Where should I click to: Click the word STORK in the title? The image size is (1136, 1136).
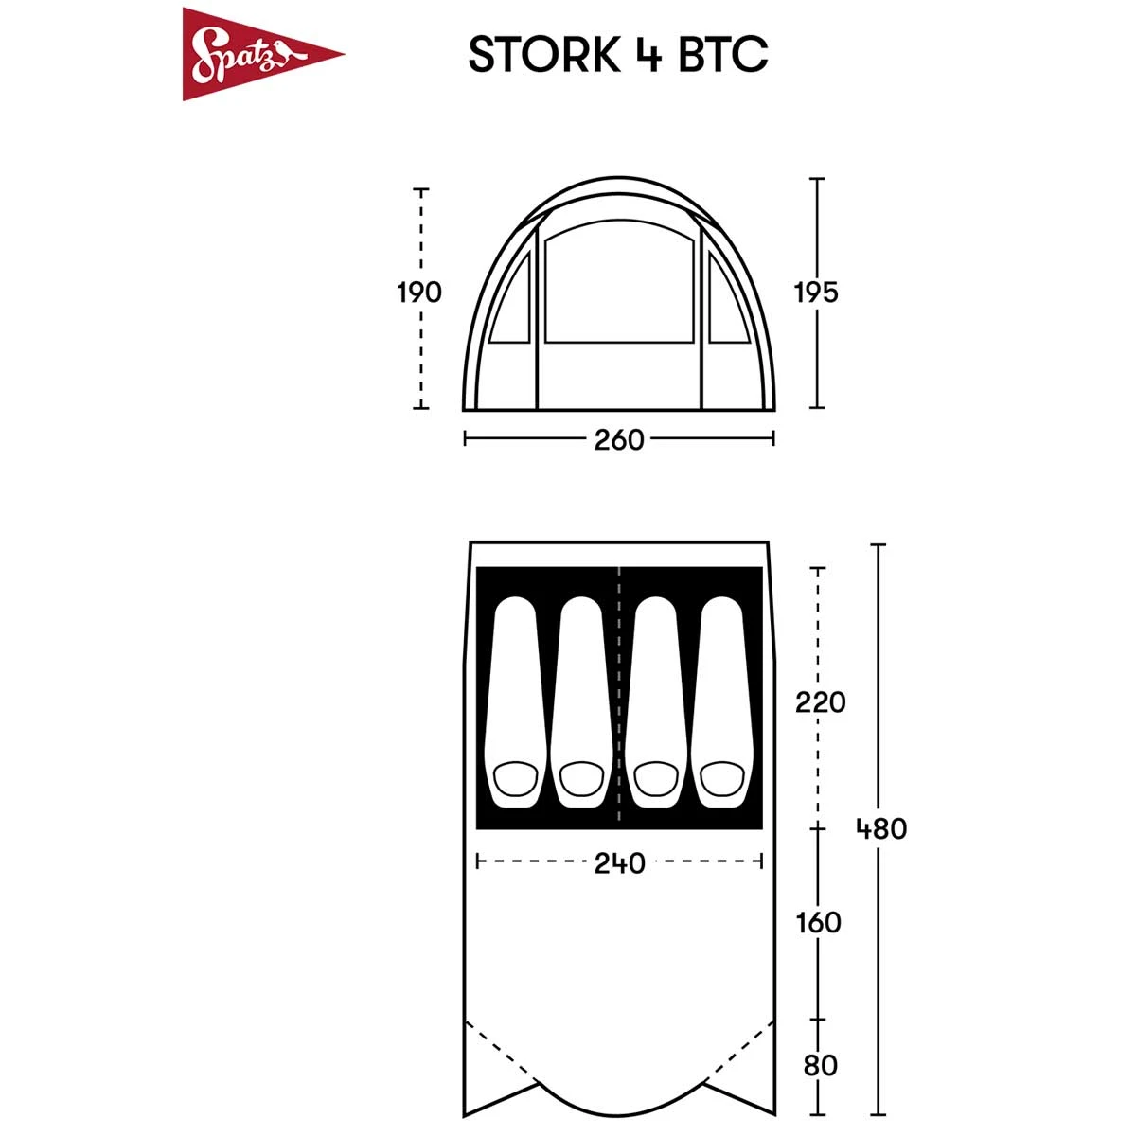pyautogui.click(x=544, y=54)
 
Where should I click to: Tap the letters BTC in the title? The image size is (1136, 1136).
pyautogui.click(x=723, y=54)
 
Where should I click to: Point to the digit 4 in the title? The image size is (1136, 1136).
pyautogui.click(x=649, y=55)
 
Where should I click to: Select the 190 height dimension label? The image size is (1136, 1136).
pyautogui.click(x=419, y=293)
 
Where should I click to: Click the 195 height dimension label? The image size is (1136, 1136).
pyautogui.click(x=816, y=293)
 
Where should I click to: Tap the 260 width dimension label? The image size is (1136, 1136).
pyautogui.click(x=619, y=440)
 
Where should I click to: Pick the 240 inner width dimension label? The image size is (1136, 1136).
pyautogui.click(x=619, y=863)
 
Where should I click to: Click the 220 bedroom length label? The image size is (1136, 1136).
pyautogui.click(x=820, y=702)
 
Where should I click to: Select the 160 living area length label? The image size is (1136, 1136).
pyautogui.click(x=818, y=923)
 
